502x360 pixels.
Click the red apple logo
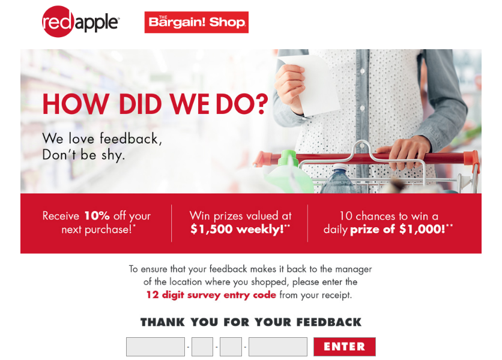(80, 22)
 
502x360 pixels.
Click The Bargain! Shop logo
(196, 22)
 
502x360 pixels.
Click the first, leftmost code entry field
(156, 347)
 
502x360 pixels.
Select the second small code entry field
(202, 347)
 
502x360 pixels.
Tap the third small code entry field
(231, 347)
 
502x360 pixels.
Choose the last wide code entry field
(278, 347)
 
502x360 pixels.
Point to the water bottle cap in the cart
(340, 167)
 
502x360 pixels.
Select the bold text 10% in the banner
(97, 215)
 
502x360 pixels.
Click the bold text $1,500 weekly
(237, 229)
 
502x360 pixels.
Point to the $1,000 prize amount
(422, 229)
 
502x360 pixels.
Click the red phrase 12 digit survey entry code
(211, 295)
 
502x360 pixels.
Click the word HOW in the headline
(76, 104)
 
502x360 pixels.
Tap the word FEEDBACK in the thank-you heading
(329, 322)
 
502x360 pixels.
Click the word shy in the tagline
(112, 155)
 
